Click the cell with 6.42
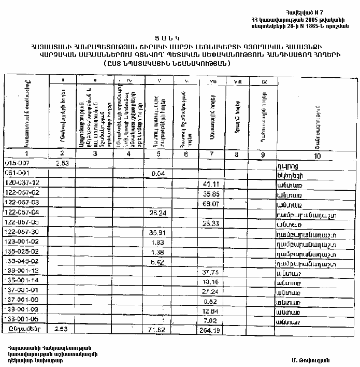157,262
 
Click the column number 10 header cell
317,156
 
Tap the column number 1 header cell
26,154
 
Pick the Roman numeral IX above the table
264,81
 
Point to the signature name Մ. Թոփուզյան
310,360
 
